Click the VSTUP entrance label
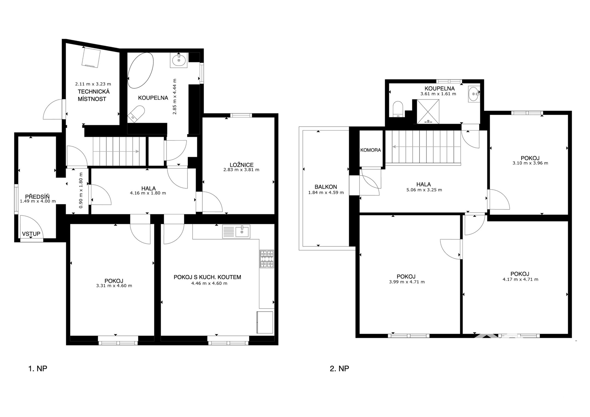(x=31, y=234)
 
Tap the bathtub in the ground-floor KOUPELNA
(x=140, y=70)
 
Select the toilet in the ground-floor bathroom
(x=136, y=114)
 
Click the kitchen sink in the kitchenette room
(x=236, y=232)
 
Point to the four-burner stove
(x=267, y=259)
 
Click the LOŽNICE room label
(x=242, y=165)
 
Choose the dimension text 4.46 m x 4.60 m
(x=209, y=283)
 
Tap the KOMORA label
(x=371, y=150)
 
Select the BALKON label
(x=326, y=187)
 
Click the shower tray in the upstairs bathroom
(x=428, y=112)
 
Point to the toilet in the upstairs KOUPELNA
(x=398, y=109)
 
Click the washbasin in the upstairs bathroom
(x=474, y=94)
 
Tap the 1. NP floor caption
(x=37, y=368)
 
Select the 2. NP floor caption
(x=339, y=368)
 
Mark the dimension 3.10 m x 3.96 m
(x=530, y=163)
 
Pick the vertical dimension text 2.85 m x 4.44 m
(x=175, y=96)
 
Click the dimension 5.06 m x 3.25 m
(x=424, y=190)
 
